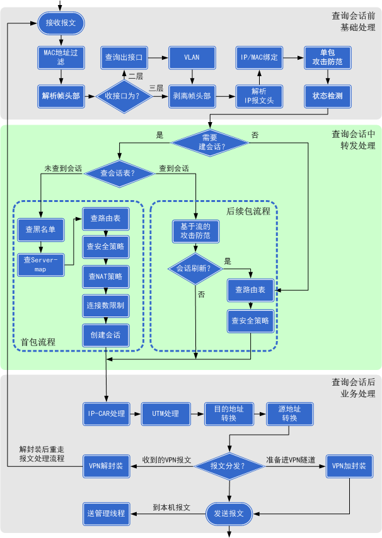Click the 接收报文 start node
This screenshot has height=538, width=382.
click(61, 23)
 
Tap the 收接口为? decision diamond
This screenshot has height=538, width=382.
click(122, 96)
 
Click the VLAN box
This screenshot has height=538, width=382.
click(192, 58)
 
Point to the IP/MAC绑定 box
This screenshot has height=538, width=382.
click(259, 58)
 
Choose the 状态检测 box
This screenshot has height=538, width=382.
click(327, 96)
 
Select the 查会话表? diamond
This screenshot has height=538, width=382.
click(118, 173)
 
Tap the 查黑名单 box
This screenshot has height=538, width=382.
click(40, 230)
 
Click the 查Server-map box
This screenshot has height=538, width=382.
click(40, 264)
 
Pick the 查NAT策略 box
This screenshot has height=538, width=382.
click(106, 276)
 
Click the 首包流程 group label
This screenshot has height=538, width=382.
click(38, 342)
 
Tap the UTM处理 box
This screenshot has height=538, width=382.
click(166, 413)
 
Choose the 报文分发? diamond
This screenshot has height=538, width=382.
click(228, 467)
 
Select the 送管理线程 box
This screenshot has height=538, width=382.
click(105, 513)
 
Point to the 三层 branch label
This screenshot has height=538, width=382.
click(157, 87)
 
